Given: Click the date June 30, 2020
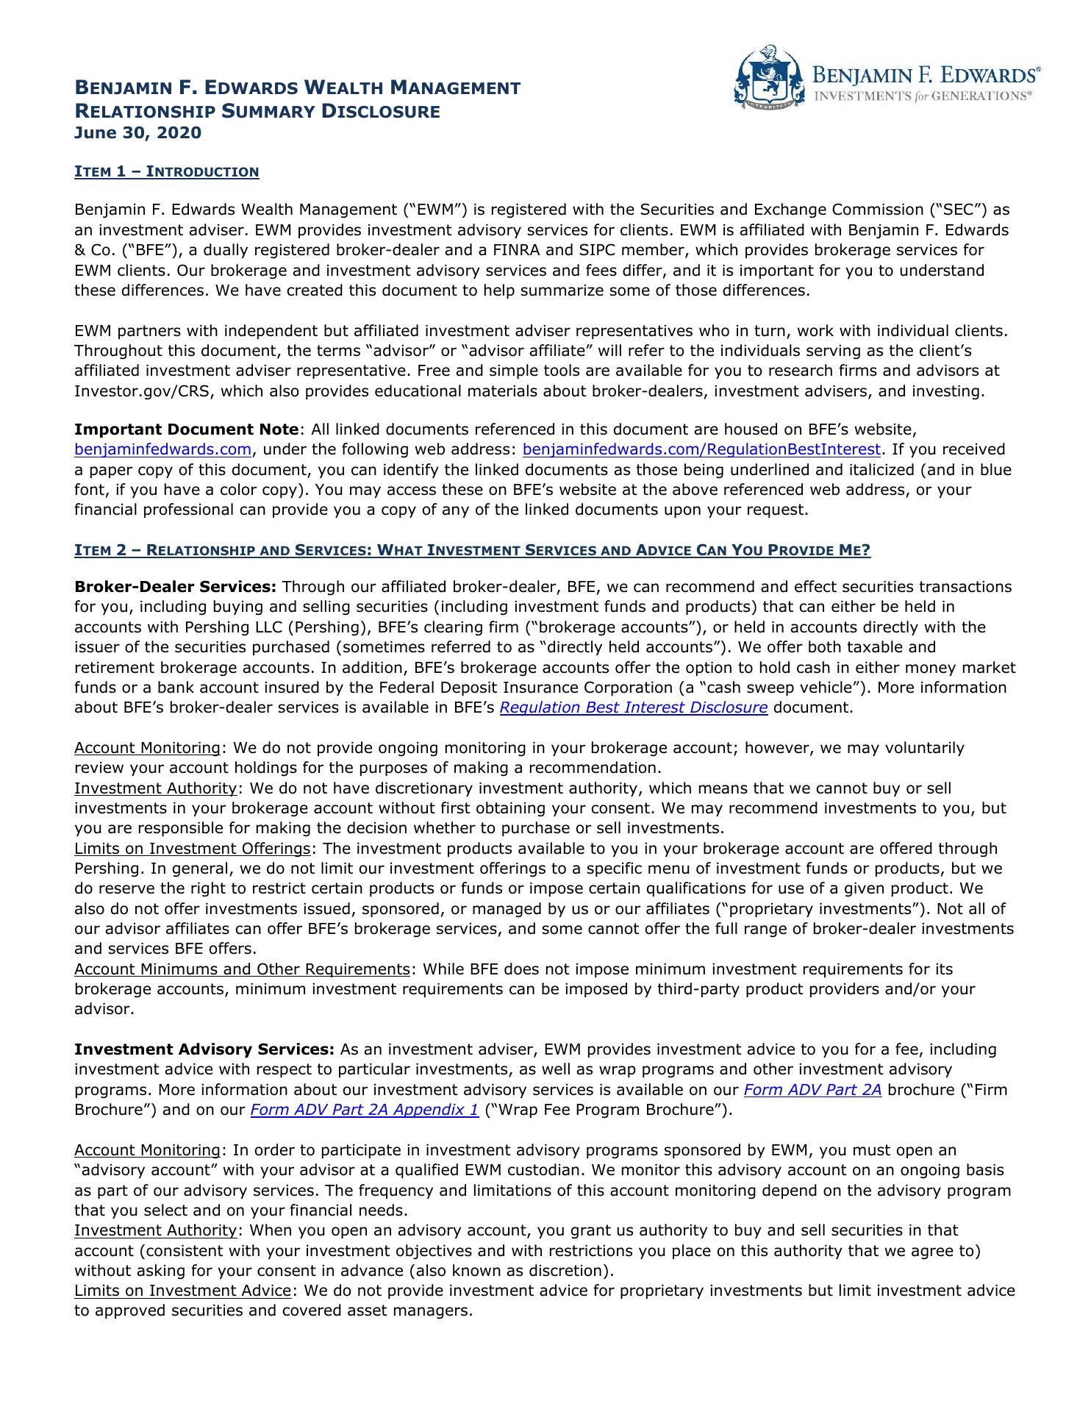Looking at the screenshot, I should pyautogui.click(x=137, y=133).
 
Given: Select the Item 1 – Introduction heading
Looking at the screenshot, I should pyautogui.click(x=166, y=172).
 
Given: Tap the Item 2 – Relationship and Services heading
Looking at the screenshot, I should pyautogui.click(x=472, y=551).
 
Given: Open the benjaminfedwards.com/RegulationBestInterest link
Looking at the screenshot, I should pyautogui.click(x=701, y=449).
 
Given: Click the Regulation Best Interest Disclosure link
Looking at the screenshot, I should pyautogui.click(x=634, y=707).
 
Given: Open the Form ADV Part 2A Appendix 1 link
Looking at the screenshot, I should pyautogui.click(x=365, y=1110).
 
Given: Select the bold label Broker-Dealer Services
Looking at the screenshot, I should pyautogui.click(x=175, y=587).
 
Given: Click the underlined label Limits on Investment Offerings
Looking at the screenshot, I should pyautogui.click(x=193, y=849).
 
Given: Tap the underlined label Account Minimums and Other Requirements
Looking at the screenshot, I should pyautogui.click(x=241, y=969).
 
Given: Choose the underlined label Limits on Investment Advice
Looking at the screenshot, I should pyautogui.click(x=183, y=1291).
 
